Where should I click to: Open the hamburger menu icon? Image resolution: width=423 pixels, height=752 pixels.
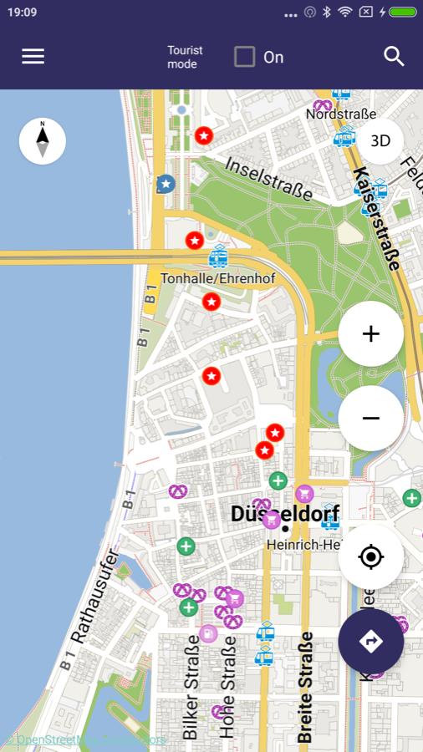(x=33, y=56)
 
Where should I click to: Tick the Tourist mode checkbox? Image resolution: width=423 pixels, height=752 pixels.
(x=244, y=57)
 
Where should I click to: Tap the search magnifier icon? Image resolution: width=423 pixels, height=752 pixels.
(x=394, y=56)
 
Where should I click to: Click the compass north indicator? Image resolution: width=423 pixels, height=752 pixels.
(x=43, y=140)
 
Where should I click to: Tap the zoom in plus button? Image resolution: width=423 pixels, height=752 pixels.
(x=370, y=334)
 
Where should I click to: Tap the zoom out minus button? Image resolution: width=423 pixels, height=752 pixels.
(x=370, y=418)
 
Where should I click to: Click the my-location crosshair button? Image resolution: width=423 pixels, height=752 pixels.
(x=370, y=556)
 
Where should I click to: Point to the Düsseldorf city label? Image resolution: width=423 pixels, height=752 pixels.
(x=285, y=515)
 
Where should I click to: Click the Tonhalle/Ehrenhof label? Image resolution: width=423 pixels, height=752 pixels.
(x=217, y=277)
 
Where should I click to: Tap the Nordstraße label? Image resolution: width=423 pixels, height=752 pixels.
(x=340, y=114)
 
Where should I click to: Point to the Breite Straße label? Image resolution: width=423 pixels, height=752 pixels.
(x=304, y=687)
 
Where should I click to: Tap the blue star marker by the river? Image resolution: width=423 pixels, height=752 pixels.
(x=166, y=183)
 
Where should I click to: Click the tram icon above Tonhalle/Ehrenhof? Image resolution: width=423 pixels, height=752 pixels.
(x=218, y=256)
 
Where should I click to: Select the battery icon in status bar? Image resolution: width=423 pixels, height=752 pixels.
(x=402, y=13)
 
